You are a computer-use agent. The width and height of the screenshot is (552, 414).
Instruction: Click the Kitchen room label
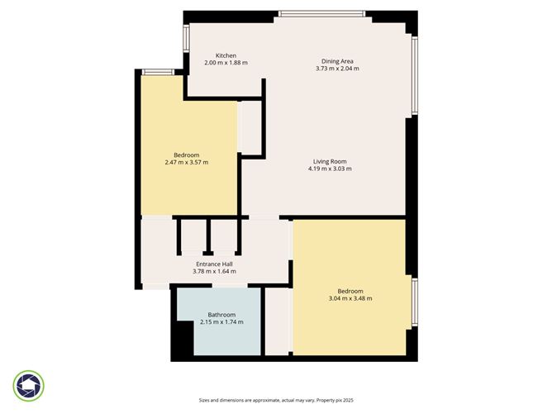[226, 55]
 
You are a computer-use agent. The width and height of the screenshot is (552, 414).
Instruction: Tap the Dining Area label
[337, 61]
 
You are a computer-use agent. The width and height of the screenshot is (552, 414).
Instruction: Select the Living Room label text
[330, 162]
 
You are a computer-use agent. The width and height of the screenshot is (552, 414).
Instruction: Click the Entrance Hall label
[214, 264]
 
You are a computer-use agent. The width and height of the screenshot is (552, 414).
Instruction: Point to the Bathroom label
[221, 315]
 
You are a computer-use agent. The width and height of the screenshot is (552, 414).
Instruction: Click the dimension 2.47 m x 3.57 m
[187, 162]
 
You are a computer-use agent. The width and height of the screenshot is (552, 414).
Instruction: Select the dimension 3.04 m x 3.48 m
[350, 298]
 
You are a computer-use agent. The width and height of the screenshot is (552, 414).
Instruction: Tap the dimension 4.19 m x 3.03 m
[330, 169]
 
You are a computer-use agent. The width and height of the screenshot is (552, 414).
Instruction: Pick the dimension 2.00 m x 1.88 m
[226, 63]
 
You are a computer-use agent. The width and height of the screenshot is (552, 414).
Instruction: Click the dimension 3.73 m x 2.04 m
[337, 69]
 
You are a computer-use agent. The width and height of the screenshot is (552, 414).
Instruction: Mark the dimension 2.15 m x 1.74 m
[221, 322]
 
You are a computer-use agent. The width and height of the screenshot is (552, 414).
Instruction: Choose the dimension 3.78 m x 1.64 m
[214, 271]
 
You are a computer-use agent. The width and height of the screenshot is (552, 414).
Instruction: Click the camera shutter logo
[29, 386]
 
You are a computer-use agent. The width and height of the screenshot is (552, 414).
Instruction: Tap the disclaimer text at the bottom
[276, 400]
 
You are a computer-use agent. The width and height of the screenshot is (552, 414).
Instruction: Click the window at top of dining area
[322, 14]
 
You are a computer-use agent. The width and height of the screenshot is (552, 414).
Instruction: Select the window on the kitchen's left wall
[186, 38]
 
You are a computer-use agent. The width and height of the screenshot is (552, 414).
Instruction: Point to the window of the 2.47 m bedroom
[158, 72]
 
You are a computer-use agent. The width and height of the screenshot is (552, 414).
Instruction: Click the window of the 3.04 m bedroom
[415, 302]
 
